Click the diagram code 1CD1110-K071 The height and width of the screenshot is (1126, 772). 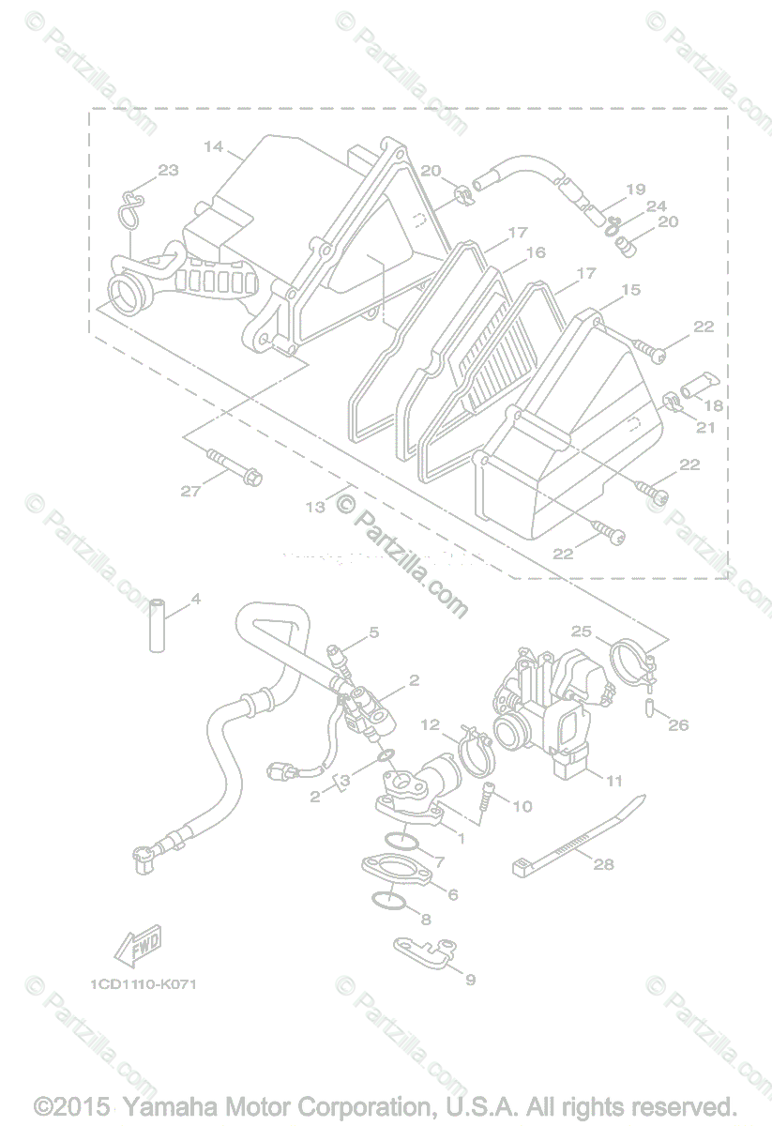144,984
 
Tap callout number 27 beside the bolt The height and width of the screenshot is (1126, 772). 190,491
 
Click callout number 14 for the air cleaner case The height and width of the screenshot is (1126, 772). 213,146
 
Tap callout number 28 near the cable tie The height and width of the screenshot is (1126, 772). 603,863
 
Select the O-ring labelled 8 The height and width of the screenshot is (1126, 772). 387,900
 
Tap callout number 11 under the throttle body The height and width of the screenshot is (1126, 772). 614,780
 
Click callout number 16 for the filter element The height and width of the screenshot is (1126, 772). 536,252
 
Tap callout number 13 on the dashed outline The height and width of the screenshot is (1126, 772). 315,507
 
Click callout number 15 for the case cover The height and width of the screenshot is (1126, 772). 631,290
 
